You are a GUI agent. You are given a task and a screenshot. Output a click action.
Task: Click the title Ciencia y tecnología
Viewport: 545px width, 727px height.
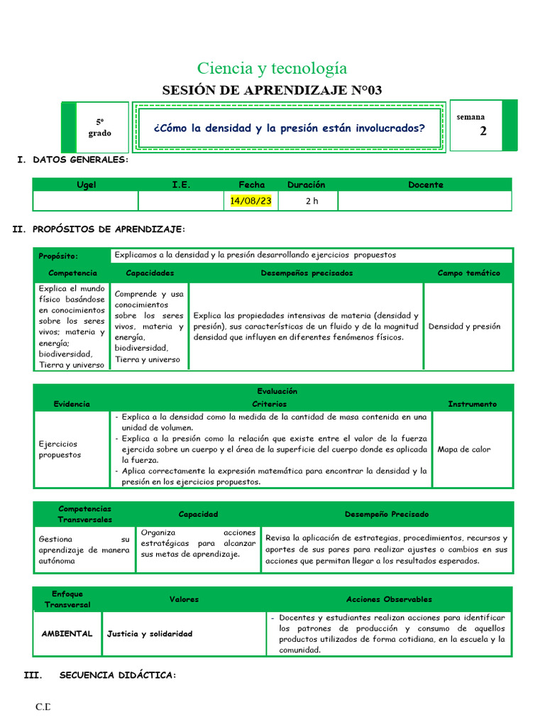point(272,68)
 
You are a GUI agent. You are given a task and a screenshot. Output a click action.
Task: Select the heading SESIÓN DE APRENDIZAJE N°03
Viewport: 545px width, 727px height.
point(272,90)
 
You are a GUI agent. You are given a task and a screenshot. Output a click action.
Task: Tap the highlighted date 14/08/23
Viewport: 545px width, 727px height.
point(251,201)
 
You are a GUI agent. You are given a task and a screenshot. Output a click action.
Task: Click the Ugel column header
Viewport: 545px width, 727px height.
point(86,185)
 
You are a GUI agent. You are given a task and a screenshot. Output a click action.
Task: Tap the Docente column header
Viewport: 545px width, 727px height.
point(425,185)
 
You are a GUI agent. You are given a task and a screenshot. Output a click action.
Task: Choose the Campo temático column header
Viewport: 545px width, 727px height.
point(468,273)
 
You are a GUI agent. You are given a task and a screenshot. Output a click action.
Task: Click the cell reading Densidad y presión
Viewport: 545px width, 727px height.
point(465,327)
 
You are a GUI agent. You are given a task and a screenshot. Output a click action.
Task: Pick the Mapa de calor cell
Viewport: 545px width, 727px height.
point(463,449)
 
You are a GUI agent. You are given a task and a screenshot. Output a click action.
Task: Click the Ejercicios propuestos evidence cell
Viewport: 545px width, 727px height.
point(60,449)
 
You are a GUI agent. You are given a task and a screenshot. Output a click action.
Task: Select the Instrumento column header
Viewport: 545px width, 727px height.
point(472,404)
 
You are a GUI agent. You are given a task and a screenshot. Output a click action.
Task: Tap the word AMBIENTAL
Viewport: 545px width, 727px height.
point(67,633)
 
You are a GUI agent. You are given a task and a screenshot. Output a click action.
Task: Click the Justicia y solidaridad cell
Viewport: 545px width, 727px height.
point(149,633)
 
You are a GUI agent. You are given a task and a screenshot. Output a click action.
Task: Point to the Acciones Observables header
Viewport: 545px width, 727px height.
point(389,599)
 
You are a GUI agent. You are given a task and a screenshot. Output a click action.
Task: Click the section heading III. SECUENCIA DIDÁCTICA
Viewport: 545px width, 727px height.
point(99,675)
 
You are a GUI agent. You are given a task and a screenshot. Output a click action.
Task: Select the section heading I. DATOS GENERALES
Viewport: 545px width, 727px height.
point(73,160)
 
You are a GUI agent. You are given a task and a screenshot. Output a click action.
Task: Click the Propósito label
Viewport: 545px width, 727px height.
point(59,256)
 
